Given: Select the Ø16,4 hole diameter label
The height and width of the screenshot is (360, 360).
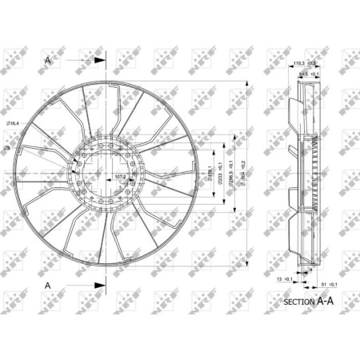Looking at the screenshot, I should tap(12, 122).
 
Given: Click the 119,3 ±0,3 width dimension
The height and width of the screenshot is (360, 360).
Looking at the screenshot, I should tap(304, 62).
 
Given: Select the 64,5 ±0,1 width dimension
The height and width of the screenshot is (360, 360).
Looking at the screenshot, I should tap(308, 74).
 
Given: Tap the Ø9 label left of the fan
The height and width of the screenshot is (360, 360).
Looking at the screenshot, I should tap(6, 149).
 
